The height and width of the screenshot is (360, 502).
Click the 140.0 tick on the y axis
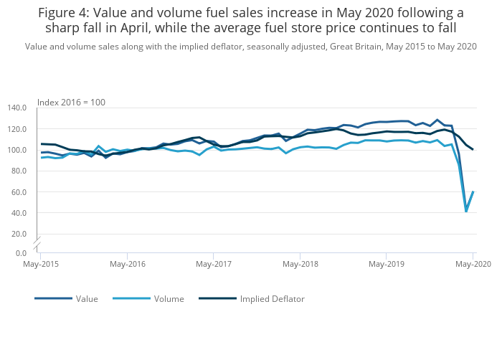(x=16, y=108)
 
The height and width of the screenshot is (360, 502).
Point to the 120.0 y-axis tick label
(x=16, y=129)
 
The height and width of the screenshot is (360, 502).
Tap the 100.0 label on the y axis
(x=16, y=150)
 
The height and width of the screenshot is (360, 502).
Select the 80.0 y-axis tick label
(x=19, y=171)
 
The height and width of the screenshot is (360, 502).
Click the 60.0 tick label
(x=19, y=192)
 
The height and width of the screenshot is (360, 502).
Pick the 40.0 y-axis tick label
(x=19, y=213)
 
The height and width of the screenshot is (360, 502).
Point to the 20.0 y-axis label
(x=19, y=234)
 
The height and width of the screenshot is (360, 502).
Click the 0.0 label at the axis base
(x=21, y=253)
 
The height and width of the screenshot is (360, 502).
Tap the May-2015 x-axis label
(x=40, y=265)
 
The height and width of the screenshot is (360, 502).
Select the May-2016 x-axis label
(x=127, y=265)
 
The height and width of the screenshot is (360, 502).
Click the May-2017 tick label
(x=213, y=265)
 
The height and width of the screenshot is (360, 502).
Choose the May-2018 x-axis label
(x=300, y=265)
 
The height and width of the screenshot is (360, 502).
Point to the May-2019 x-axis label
(x=387, y=265)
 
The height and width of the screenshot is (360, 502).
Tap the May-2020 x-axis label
(x=472, y=265)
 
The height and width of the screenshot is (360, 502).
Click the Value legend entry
(x=87, y=298)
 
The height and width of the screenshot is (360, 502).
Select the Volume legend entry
(x=169, y=298)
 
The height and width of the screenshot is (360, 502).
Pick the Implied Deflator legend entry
(x=272, y=298)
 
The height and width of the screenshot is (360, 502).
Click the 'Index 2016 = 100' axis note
(x=71, y=103)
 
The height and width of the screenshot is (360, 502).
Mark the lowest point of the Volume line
(x=466, y=212)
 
